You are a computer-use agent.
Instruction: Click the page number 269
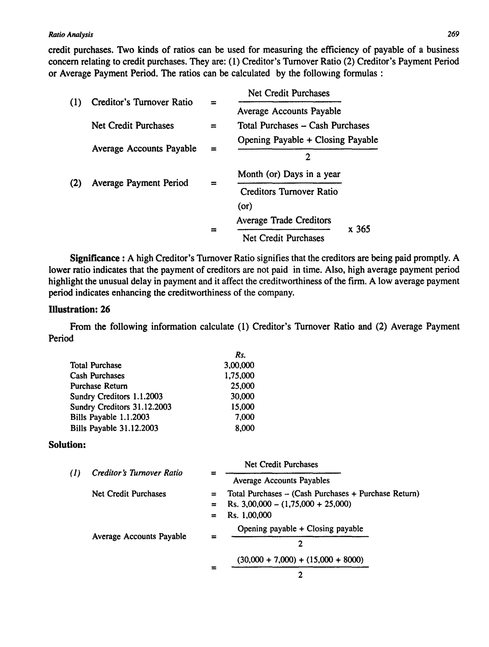pyautogui.click(x=453, y=34)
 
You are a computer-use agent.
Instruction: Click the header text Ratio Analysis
pyautogui.click(x=70, y=35)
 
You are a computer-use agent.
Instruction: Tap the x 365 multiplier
pyautogui.click(x=359, y=229)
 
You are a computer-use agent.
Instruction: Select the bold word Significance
pyautogui.click(x=95, y=258)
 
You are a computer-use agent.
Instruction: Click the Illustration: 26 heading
pyautogui.click(x=79, y=310)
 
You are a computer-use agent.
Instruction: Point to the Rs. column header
pyautogui.click(x=240, y=355)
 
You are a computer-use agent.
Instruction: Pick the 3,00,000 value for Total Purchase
pyautogui.click(x=239, y=365)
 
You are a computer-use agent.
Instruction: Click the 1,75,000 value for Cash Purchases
pyautogui.click(x=239, y=375)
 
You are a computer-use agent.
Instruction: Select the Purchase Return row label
pyautogui.click(x=99, y=386)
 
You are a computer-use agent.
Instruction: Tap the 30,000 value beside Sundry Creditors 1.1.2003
pyautogui.click(x=242, y=396)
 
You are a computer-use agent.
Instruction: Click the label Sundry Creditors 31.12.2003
pyautogui.click(x=121, y=407)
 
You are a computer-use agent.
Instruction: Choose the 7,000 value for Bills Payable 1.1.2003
pyautogui.click(x=244, y=417)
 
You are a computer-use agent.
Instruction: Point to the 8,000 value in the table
pyautogui.click(x=244, y=428)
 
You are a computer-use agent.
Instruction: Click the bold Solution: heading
pyautogui.click(x=67, y=445)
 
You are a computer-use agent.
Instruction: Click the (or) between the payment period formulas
pyautogui.click(x=244, y=206)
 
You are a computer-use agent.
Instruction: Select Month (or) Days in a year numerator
pyautogui.click(x=289, y=174)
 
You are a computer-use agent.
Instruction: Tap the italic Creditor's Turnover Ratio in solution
pyautogui.click(x=137, y=473)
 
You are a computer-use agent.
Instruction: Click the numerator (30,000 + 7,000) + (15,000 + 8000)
pyautogui.click(x=300, y=560)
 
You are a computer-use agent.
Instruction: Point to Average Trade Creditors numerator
pyautogui.click(x=283, y=220)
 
